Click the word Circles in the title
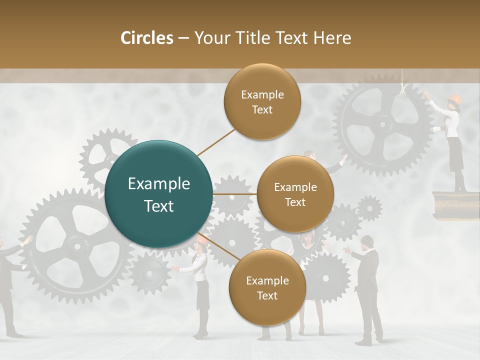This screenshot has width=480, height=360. (x=147, y=38)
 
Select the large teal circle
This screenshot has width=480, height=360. (x=158, y=194)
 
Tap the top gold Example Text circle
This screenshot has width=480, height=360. (x=262, y=101)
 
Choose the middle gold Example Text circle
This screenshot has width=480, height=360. (x=295, y=194)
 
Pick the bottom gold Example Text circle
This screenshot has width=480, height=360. (x=267, y=287)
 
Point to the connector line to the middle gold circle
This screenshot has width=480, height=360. (x=235, y=193)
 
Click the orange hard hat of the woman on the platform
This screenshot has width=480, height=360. (x=454, y=98)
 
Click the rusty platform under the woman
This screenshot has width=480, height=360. (x=450, y=202)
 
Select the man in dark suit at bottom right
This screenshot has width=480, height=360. (x=368, y=290)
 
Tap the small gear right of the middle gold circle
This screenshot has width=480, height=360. (x=369, y=207)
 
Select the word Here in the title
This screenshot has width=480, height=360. (x=332, y=38)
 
